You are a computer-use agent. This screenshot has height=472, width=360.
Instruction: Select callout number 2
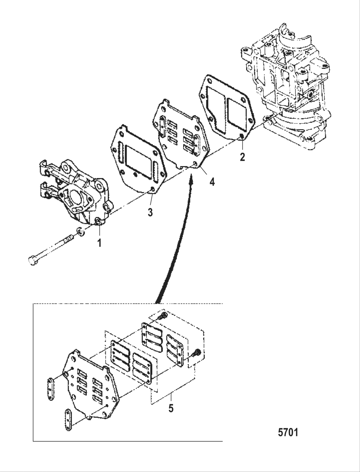click(x=242, y=157)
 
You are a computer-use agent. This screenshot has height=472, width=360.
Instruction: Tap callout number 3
click(x=150, y=212)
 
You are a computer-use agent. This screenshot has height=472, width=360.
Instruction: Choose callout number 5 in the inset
click(x=171, y=408)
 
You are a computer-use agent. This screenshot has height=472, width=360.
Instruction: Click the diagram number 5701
click(x=288, y=432)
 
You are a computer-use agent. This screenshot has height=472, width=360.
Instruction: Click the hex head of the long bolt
click(x=31, y=260)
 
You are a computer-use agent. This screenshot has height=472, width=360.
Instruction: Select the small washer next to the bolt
click(x=80, y=231)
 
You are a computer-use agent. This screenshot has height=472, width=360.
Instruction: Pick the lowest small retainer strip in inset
click(x=68, y=420)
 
